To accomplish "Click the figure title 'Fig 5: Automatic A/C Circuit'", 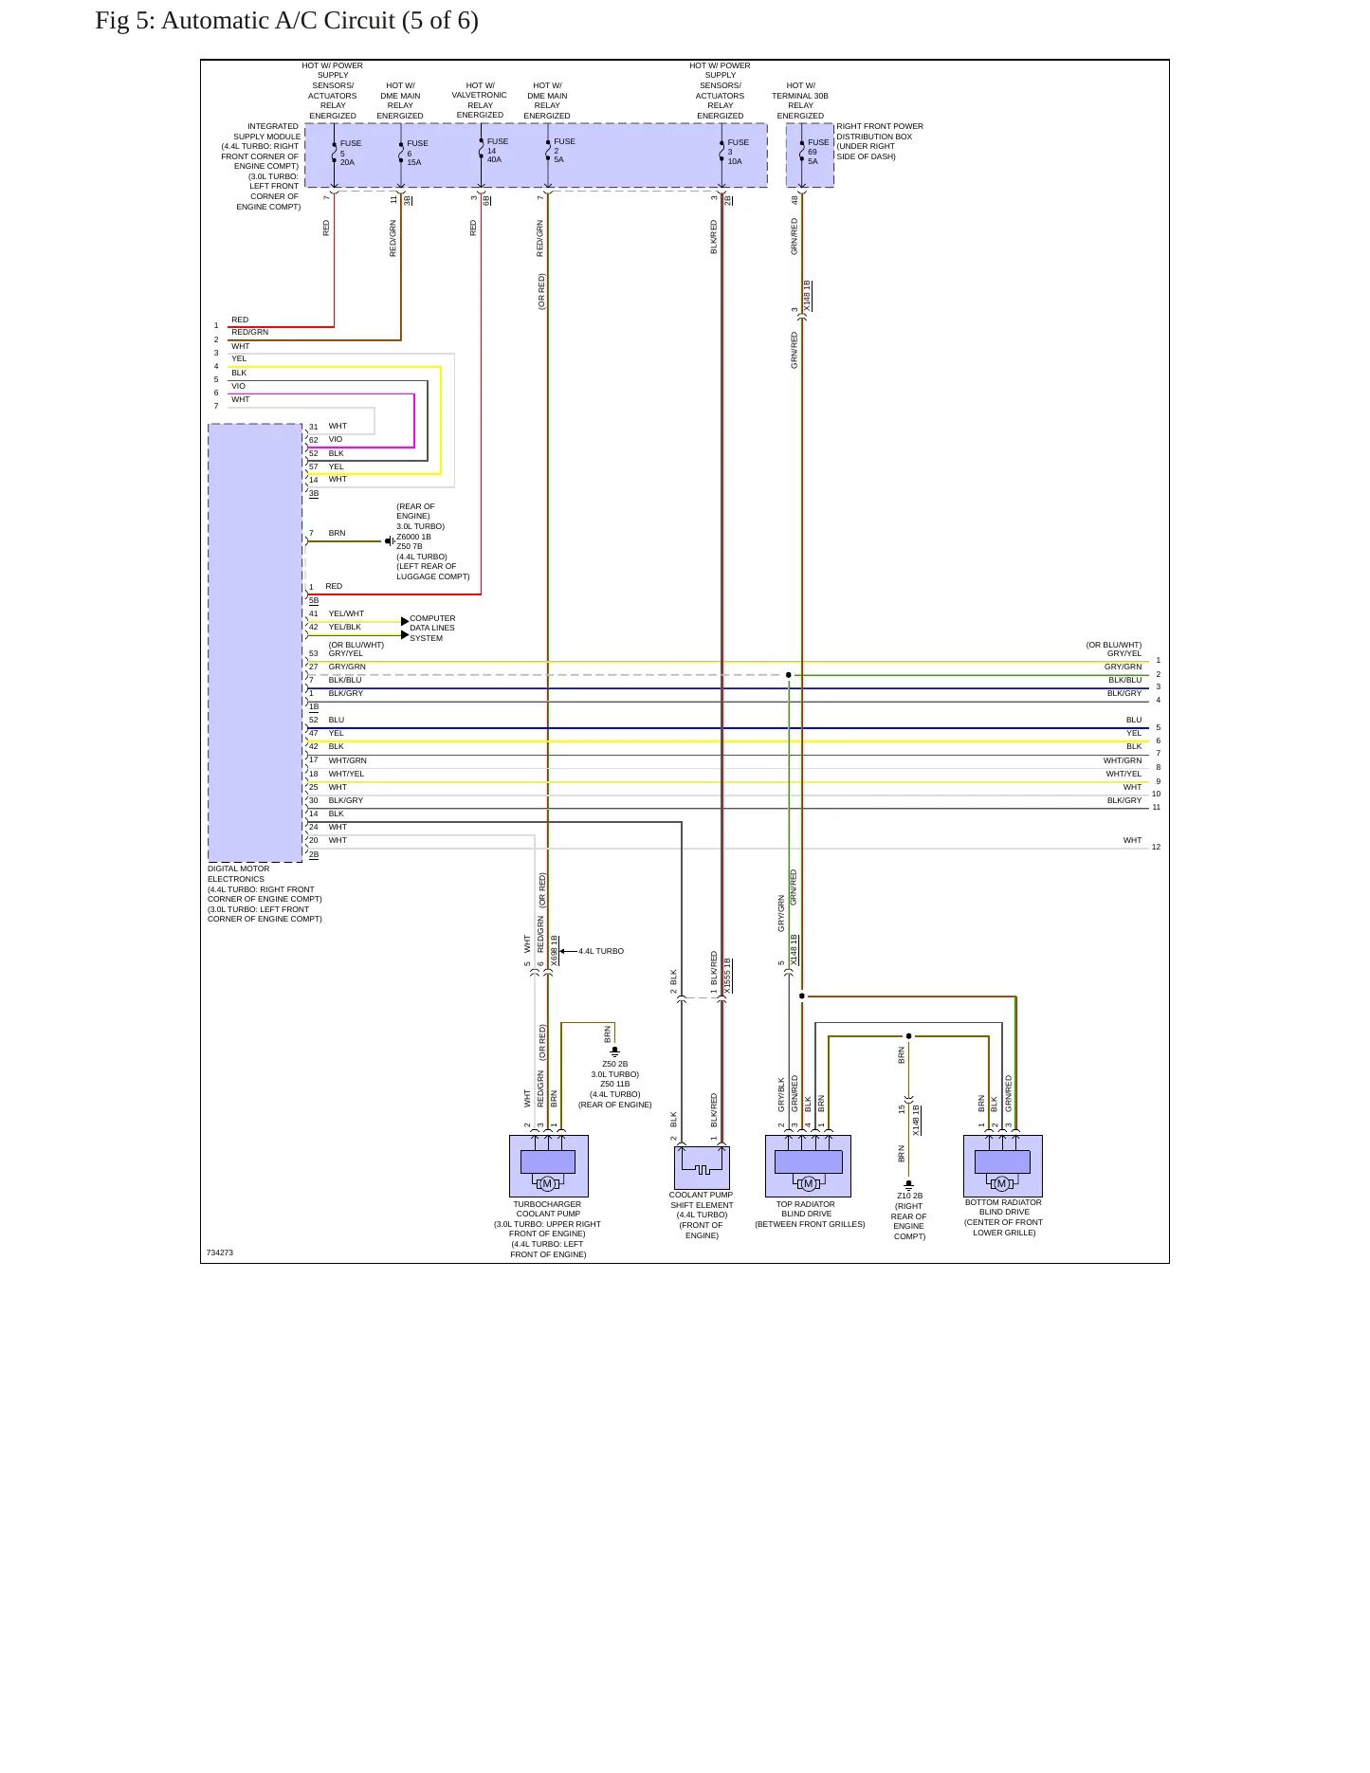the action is point(246,21).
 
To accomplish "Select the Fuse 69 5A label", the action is point(818,152).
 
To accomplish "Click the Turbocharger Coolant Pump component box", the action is point(549,1166).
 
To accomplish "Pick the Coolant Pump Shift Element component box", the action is point(702,1168).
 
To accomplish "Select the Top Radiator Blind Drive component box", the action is point(808,1166).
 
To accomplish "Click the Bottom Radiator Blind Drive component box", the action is point(1003,1166).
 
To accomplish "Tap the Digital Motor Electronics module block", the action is point(256,643).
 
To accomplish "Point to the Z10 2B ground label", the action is point(909,1196).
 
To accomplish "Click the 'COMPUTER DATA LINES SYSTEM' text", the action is point(432,628).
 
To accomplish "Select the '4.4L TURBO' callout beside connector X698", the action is point(601,951).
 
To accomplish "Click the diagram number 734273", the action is point(220,1252).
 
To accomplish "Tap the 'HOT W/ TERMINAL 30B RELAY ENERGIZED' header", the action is point(800,101).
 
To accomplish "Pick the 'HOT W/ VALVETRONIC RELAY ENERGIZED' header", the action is point(480,100).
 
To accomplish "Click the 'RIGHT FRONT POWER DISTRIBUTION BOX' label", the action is point(880,141).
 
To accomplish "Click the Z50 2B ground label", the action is point(615,1064).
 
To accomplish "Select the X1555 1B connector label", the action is point(728,976).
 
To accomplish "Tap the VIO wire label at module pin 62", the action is point(336,439).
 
